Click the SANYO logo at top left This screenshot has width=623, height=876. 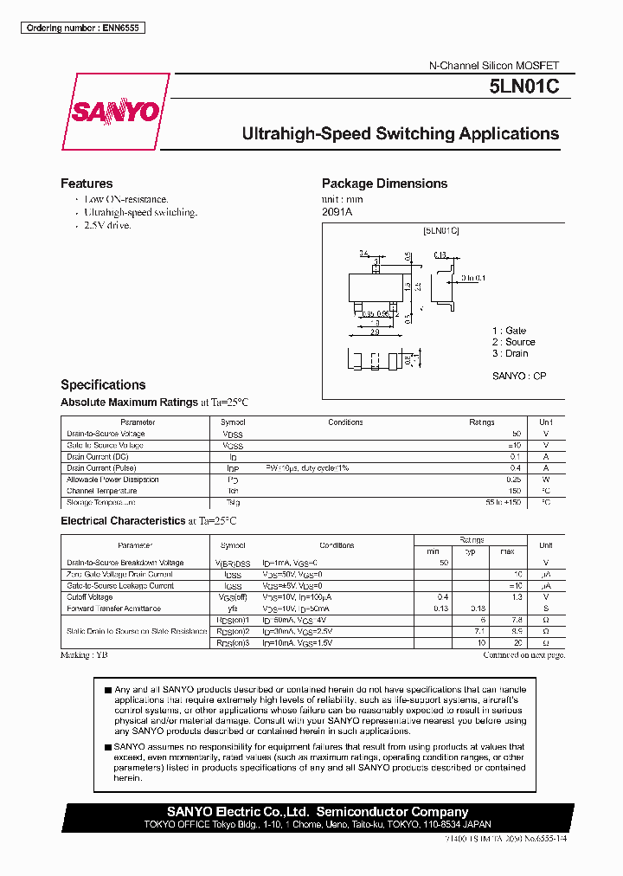click(x=114, y=112)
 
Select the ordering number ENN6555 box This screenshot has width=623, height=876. click(x=82, y=28)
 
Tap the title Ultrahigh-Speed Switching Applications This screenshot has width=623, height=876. click(x=400, y=134)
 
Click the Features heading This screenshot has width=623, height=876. click(x=87, y=184)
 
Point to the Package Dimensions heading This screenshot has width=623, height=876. click(x=384, y=184)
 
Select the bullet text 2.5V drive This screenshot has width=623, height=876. click(x=107, y=225)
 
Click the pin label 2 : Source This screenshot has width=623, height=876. click(x=514, y=342)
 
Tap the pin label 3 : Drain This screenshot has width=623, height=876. click(x=511, y=353)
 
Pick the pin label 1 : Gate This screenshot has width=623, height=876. click(x=509, y=331)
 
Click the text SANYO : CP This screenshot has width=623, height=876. click(x=519, y=376)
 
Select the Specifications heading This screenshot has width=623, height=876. click(x=103, y=384)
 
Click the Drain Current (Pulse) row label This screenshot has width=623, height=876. click(x=101, y=467)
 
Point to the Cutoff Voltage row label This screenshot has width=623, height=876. click(x=90, y=597)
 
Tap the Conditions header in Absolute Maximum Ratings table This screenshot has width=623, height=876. click(x=345, y=422)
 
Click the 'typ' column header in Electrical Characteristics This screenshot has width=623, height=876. click(x=471, y=551)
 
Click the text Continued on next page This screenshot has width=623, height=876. click(x=523, y=655)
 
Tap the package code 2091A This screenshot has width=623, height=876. click(x=337, y=211)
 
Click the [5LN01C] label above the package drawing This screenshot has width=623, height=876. click(x=441, y=231)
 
